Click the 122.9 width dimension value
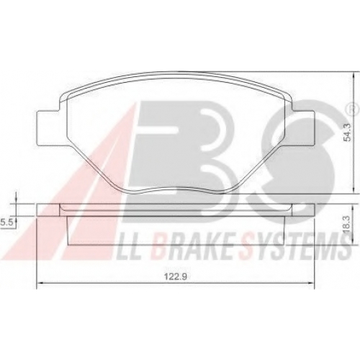coord(175,276)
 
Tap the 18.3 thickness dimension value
coord(348,224)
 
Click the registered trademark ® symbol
coord(352,109)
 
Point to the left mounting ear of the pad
coord(48,128)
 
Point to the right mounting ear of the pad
coord(303,128)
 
